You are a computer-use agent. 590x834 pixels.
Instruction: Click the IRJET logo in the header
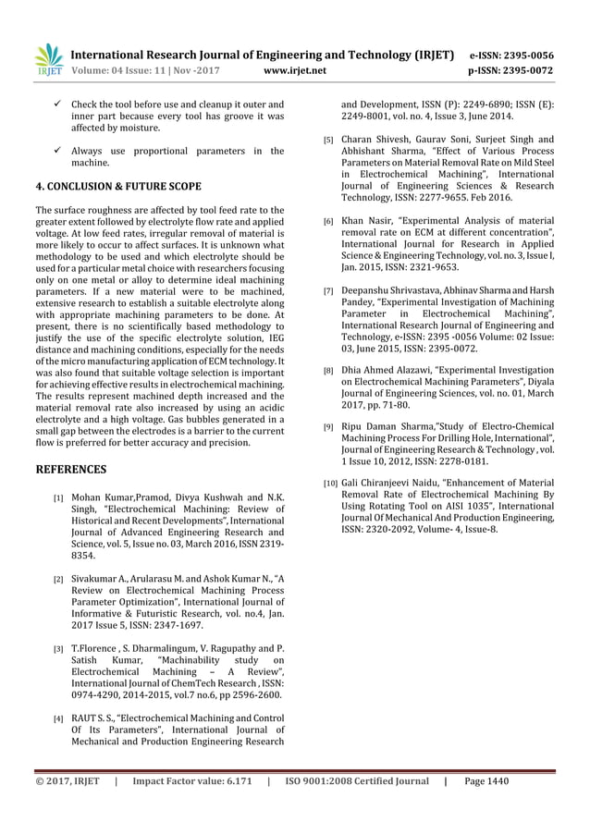click(x=47, y=60)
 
